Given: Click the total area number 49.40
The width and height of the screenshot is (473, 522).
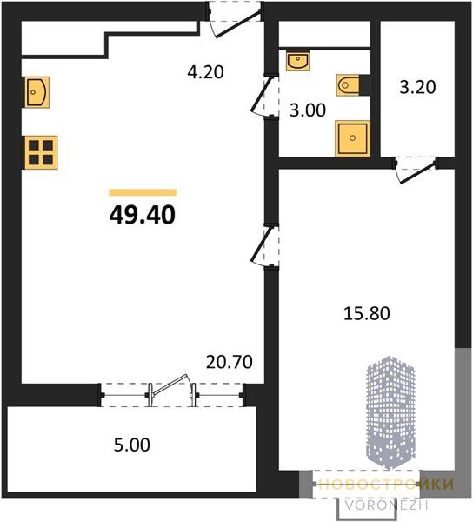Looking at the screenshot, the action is click(x=142, y=215).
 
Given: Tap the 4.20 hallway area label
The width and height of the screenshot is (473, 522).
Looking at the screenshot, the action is click(x=205, y=72).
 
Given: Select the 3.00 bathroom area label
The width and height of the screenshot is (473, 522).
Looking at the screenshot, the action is click(x=308, y=110).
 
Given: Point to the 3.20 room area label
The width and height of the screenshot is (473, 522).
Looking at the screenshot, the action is click(x=417, y=87).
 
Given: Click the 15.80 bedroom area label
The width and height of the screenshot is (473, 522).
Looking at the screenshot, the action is click(x=367, y=313).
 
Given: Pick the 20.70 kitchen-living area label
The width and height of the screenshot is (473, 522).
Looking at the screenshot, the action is click(x=230, y=362).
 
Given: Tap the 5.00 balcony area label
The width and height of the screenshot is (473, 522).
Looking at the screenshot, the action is click(x=131, y=445).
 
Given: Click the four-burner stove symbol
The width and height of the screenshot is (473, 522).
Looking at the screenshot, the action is click(x=41, y=153).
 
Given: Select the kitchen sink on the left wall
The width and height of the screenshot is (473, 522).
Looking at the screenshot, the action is click(x=37, y=92).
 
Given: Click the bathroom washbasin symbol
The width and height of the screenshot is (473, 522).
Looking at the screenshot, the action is click(x=297, y=61).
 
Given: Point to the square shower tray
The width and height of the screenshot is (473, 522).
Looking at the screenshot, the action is click(x=353, y=138).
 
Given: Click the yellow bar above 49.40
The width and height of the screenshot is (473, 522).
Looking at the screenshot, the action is click(x=143, y=192).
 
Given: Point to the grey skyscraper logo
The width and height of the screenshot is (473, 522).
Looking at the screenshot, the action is click(x=390, y=412).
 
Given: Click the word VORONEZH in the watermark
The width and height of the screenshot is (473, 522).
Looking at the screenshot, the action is click(x=386, y=505).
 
